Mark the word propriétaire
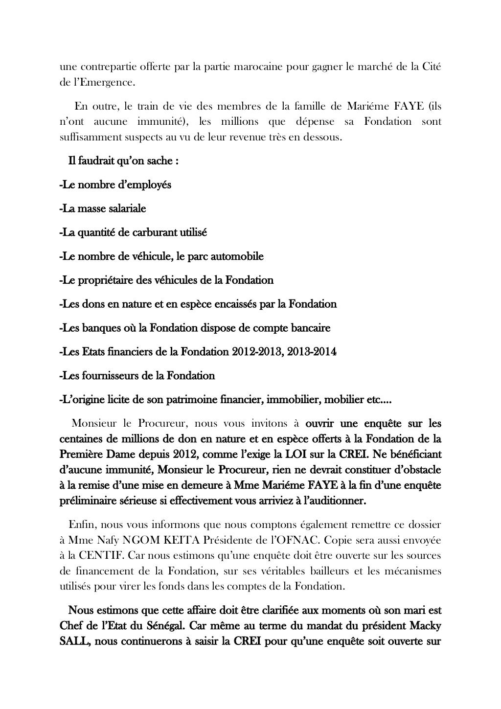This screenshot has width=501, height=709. [110, 280]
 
